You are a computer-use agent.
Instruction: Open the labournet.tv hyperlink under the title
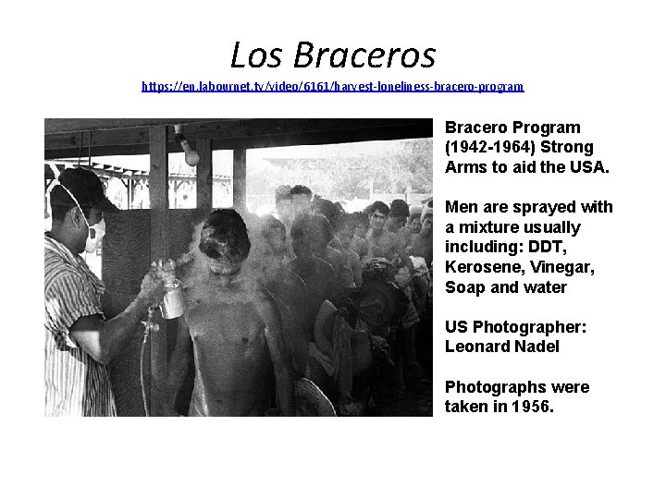332,86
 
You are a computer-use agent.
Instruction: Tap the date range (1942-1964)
490,147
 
